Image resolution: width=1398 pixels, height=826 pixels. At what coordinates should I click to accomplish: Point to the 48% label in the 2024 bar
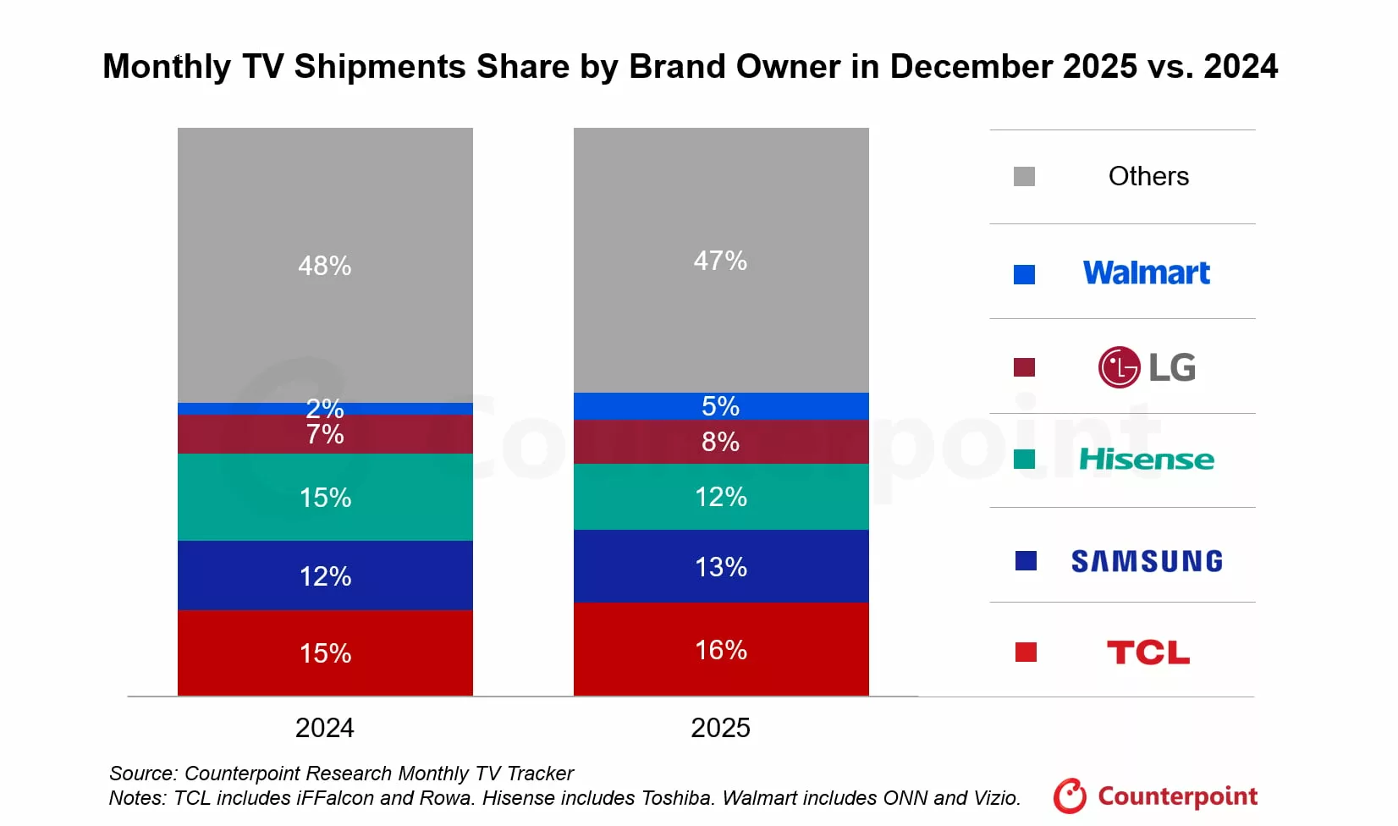click(x=324, y=266)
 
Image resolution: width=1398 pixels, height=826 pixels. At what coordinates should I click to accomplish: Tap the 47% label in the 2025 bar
click(x=720, y=261)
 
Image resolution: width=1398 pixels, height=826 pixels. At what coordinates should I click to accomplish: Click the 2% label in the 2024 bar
click(x=324, y=409)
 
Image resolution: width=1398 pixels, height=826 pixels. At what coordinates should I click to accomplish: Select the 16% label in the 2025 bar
click(x=720, y=650)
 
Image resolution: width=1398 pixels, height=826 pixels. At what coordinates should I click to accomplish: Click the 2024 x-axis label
click(x=324, y=728)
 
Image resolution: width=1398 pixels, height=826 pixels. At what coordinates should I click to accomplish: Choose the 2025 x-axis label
click(x=720, y=728)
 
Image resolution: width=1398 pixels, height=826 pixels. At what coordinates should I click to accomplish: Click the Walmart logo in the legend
click(x=1146, y=273)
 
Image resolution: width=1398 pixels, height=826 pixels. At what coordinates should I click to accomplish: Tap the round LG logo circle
click(x=1119, y=367)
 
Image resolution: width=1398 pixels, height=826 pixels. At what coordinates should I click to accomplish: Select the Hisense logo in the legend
click(x=1146, y=460)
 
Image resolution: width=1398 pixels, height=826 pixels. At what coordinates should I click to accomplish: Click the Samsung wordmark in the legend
click(x=1146, y=561)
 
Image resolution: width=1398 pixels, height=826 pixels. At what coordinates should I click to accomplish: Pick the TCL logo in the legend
click(x=1148, y=653)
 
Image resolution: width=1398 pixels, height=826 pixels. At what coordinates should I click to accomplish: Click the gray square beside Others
click(x=1024, y=176)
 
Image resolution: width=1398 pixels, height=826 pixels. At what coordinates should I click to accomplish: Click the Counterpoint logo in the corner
click(x=1155, y=796)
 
